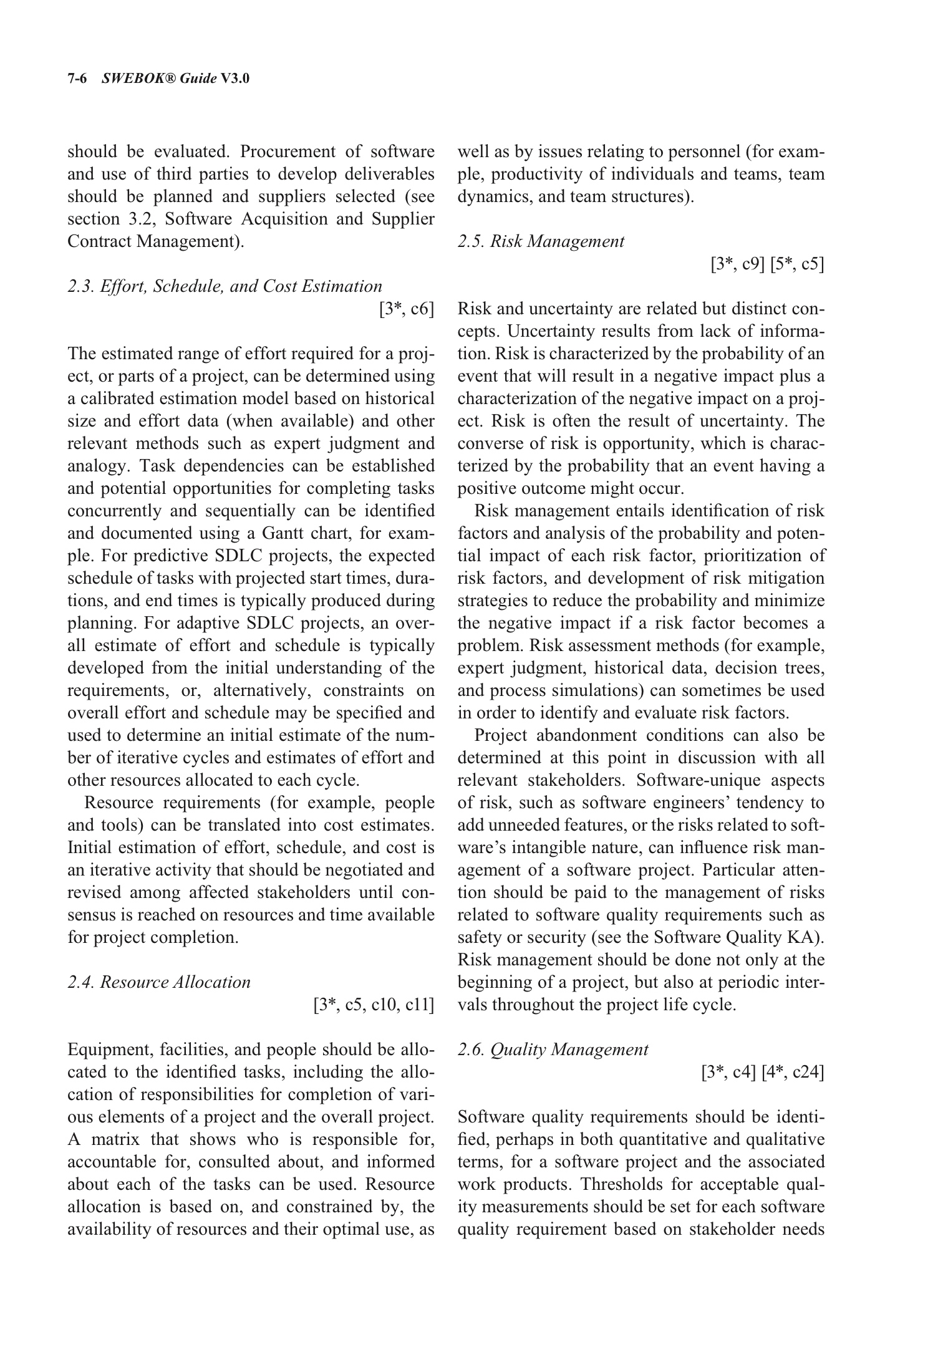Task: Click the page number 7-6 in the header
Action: [79, 79]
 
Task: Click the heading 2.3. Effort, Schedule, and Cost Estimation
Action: [225, 286]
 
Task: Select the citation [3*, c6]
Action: [406, 309]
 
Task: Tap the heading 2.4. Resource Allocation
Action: [159, 982]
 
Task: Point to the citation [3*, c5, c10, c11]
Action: [374, 1005]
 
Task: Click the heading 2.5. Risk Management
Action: [541, 241]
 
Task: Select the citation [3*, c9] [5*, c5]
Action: [767, 264]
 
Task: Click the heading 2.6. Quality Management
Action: [553, 1050]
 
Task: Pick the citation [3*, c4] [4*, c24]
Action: [762, 1073]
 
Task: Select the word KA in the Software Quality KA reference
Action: [810, 938]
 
